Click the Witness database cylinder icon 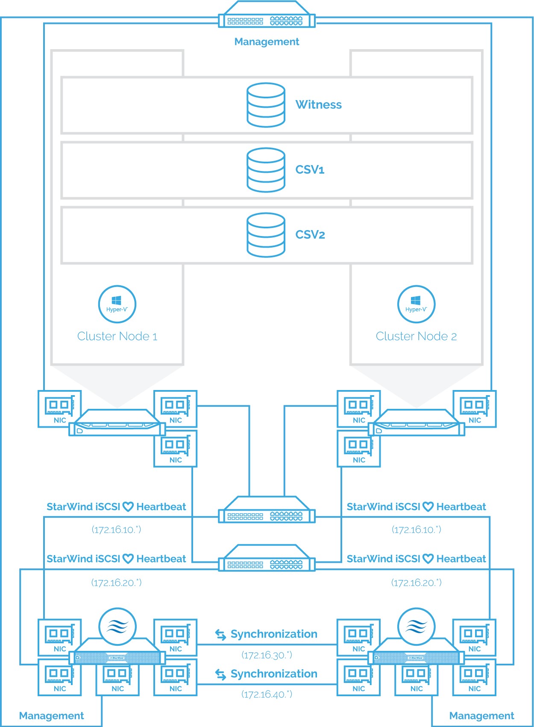(266, 105)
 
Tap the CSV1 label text (310, 170)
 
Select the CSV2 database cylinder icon (266, 235)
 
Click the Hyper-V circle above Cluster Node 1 (117, 304)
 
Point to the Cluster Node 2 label (416, 336)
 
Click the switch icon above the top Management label (267, 14)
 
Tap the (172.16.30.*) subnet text (267, 655)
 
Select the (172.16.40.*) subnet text (267, 694)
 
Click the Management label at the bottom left (52, 715)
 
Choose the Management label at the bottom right (482, 715)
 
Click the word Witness (318, 104)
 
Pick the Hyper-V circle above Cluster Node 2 (416, 304)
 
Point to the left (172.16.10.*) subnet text (116, 530)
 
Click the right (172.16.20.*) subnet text (416, 582)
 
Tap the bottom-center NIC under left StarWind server (117, 677)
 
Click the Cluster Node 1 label (117, 336)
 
